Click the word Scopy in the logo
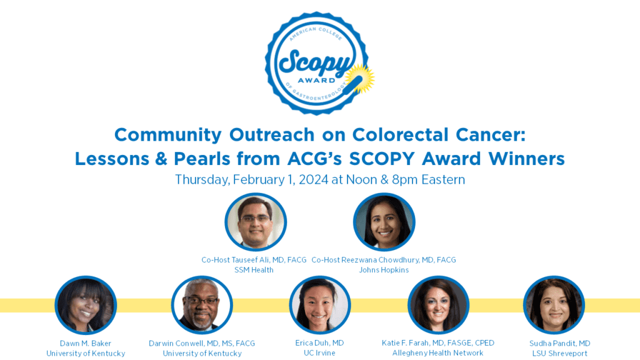(315, 62)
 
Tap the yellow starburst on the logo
(361, 78)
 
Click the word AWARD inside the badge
(316, 81)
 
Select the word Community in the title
(168, 135)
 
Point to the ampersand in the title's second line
(161, 159)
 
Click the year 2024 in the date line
(314, 179)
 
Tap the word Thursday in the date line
(202, 180)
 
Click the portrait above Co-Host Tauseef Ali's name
(256, 222)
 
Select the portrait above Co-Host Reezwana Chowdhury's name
(384, 222)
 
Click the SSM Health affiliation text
(254, 270)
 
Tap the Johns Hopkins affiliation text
(384, 270)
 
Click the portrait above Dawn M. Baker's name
(86, 305)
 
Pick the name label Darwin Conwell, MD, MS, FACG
(202, 343)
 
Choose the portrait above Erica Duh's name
(319, 305)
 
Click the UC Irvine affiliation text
(319, 353)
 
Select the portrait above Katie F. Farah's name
(438, 305)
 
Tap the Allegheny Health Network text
(437, 353)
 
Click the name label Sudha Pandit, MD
(559, 343)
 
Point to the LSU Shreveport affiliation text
(559, 354)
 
